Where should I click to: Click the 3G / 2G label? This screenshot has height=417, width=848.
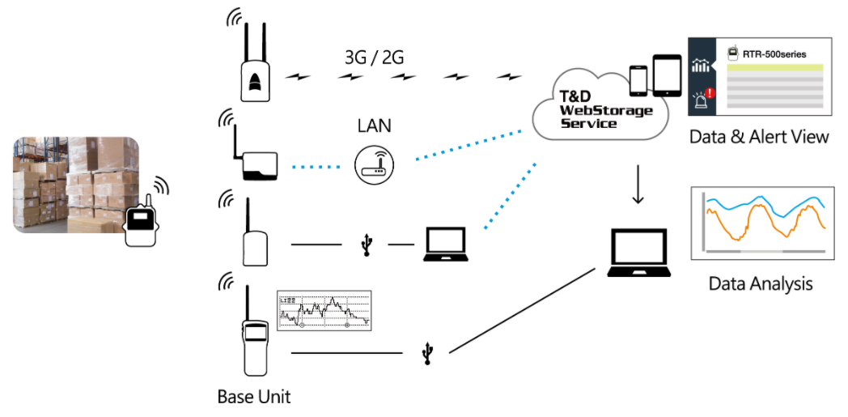(x=375, y=58)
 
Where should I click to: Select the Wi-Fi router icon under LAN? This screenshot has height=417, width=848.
(x=374, y=165)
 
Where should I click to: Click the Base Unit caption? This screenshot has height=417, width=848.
(x=253, y=397)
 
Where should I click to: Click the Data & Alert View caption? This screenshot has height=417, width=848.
(x=758, y=136)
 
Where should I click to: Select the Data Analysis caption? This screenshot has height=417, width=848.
(x=760, y=283)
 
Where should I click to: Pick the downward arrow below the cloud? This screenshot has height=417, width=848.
(x=638, y=186)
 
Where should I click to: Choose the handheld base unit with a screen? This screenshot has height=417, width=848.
(x=254, y=348)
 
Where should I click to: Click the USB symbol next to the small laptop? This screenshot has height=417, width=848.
(x=367, y=245)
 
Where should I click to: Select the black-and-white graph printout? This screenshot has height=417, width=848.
(x=324, y=310)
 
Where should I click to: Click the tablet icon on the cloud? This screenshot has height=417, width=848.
(x=667, y=75)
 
